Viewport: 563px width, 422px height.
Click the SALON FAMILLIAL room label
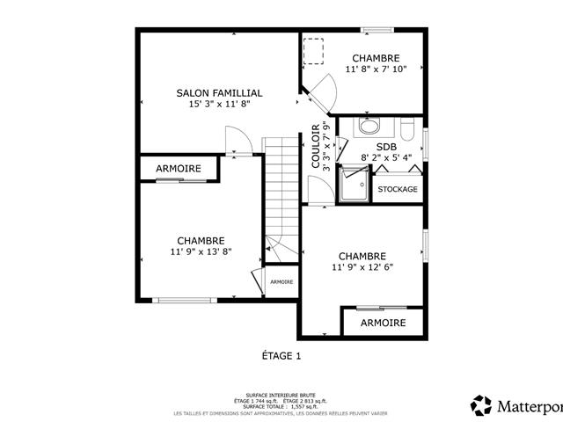(219, 92)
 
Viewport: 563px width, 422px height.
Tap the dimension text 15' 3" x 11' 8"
(219, 104)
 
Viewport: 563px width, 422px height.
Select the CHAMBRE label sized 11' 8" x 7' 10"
(377, 58)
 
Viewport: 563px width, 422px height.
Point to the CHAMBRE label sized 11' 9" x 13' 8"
(201, 240)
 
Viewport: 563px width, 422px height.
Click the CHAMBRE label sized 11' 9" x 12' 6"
(362, 256)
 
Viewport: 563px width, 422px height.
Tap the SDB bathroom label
(386, 147)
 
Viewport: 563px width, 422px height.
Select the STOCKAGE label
(398, 189)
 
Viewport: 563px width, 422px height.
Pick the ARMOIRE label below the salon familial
(179, 168)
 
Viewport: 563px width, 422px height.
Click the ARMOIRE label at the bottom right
(384, 323)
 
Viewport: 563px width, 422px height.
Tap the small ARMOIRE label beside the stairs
(281, 281)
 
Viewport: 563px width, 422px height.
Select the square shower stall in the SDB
(355, 185)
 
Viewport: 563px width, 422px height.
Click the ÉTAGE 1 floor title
(281, 356)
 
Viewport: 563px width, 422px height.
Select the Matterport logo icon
(481, 405)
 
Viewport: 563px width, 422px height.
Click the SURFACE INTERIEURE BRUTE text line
(281, 396)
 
